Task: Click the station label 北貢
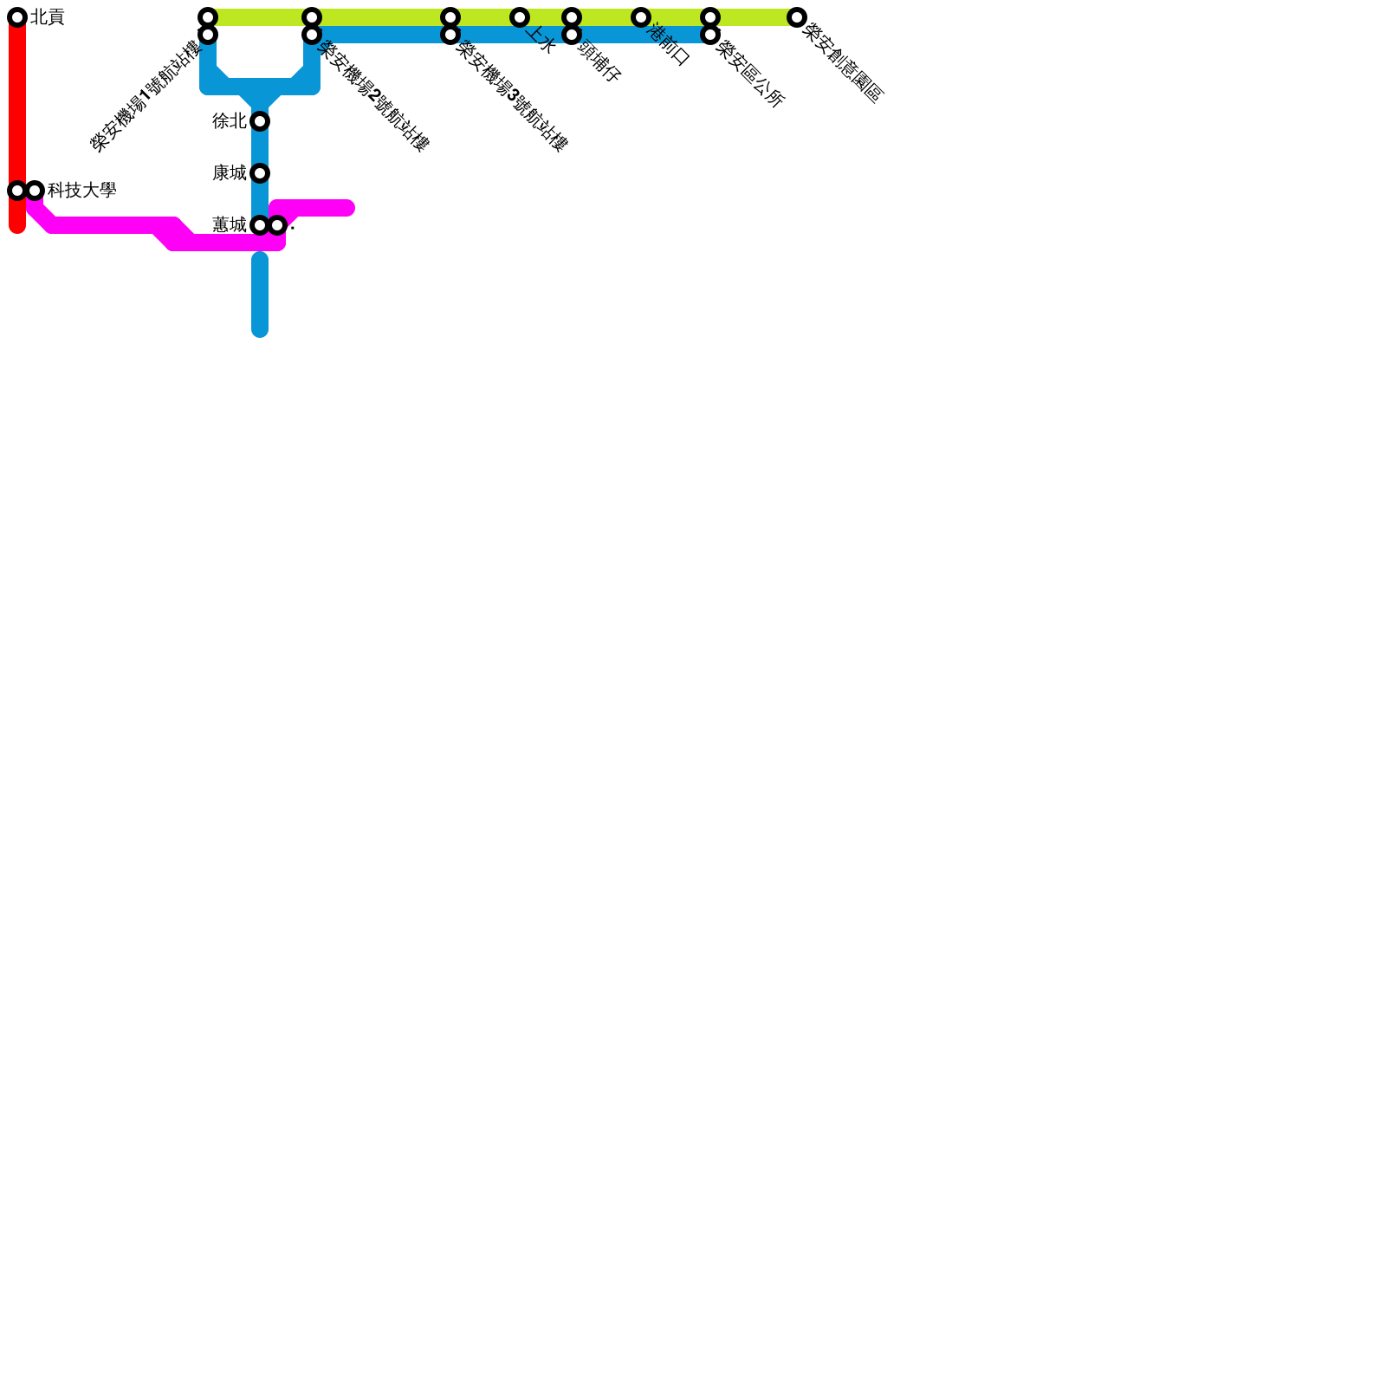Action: (48, 17)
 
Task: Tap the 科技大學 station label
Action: (81, 191)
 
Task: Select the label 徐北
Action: (230, 121)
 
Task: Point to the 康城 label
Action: (230, 173)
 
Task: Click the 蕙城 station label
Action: (230, 225)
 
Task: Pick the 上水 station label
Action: (540, 40)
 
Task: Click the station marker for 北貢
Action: (17, 17)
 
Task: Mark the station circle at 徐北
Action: (260, 121)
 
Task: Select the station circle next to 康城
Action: (260, 173)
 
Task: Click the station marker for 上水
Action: (520, 17)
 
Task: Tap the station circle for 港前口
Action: (641, 17)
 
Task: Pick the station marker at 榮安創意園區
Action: (797, 17)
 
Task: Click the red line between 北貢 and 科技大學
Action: (17, 104)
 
